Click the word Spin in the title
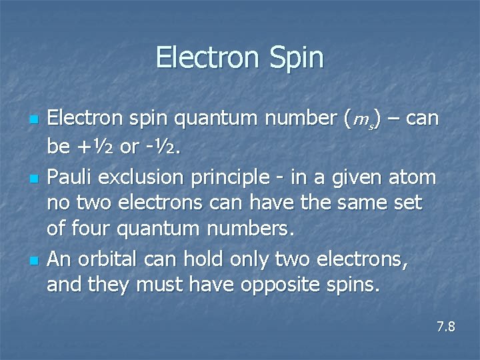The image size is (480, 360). (x=297, y=58)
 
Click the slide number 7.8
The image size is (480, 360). (x=445, y=327)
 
